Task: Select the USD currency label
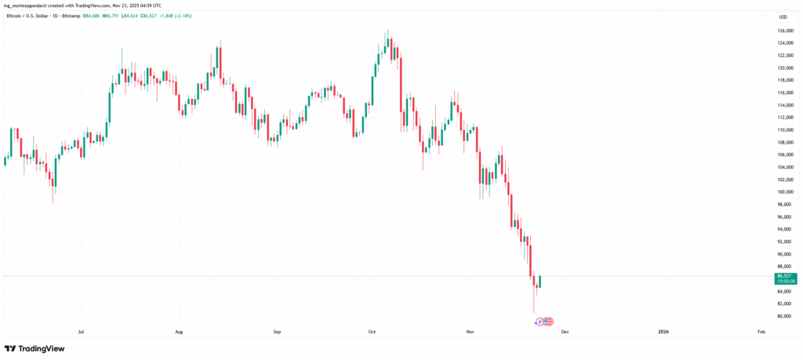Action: [783, 16]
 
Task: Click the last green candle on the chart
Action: [540, 282]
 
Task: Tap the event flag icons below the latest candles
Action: [543, 322]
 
